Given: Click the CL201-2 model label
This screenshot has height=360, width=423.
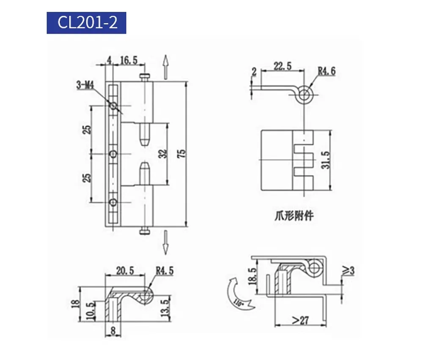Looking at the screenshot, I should pos(86,23).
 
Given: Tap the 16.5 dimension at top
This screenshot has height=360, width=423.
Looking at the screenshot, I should pos(129,60).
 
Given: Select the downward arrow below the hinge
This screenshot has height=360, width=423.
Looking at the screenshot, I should pos(166,241).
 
